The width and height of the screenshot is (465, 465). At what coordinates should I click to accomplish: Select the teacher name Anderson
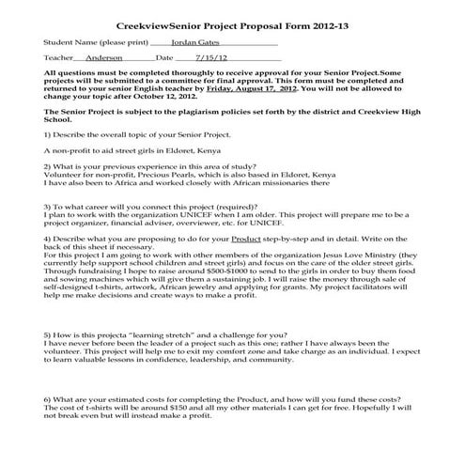coord(105,58)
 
